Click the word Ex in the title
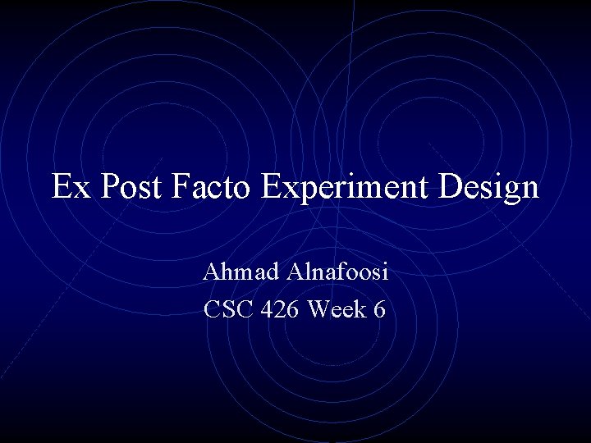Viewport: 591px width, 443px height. [x=71, y=187]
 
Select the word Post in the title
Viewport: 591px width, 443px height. [x=133, y=187]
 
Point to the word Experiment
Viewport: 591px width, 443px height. [x=346, y=189]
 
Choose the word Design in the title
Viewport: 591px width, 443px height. [x=489, y=189]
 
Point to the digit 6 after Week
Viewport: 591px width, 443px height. [x=380, y=311]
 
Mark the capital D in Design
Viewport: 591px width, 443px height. [x=451, y=187]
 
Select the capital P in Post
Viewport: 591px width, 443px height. [x=109, y=187]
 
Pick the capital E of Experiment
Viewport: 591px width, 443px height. [x=272, y=187]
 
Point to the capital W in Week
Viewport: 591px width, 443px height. [x=318, y=311]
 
